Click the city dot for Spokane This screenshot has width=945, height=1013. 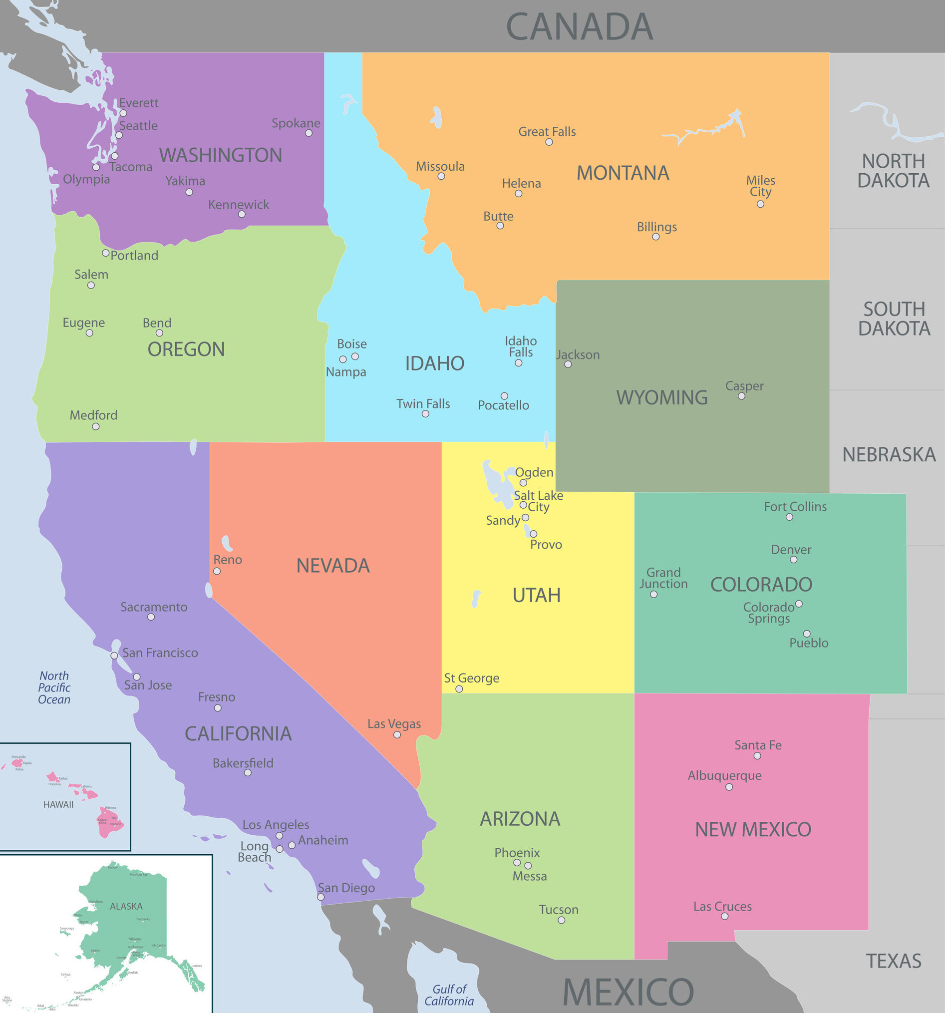pyautogui.click(x=309, y=133)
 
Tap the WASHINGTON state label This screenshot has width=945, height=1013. pyautogui.click(x=221, y=155)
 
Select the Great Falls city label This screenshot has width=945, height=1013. pyautogui.click(x=547, y=131)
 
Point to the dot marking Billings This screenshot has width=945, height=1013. pyautogui.click(x=655, y=237)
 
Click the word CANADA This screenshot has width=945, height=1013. pyautogui.click(x=579, y=26)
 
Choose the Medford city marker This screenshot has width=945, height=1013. pyautogui.click(x=96, y=426)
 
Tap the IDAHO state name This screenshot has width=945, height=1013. pyautogui.click(x=434, y=363)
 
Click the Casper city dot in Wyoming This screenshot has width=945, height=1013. pyautogui.click(x=741, y=396)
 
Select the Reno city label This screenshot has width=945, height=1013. pyautogui.click(x=227, y=560)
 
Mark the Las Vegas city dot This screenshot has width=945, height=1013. pyautogui.click(x=397, y=734)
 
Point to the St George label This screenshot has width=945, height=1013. pyautogui.click(x=471, y=677)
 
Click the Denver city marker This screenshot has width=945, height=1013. pyautogui.click(x=793, y=560)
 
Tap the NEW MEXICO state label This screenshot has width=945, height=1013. pyautogui.click(x=753, y=829)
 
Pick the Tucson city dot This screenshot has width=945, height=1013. pyautogui.click(x=561, y=920)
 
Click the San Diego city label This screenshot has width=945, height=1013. pyautogui.click(x=346, y=888)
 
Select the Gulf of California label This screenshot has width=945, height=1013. pyautogui.click(x=449, y=995)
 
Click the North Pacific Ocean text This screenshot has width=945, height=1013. pyautogui.click(x=54, y=687)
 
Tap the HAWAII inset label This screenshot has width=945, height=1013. pyautogui.click(x=58, y=804)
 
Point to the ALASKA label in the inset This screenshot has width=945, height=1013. pyautogui.click(x=126, y=906)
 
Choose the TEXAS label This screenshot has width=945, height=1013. pyautogui.click(x=894, y=961)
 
